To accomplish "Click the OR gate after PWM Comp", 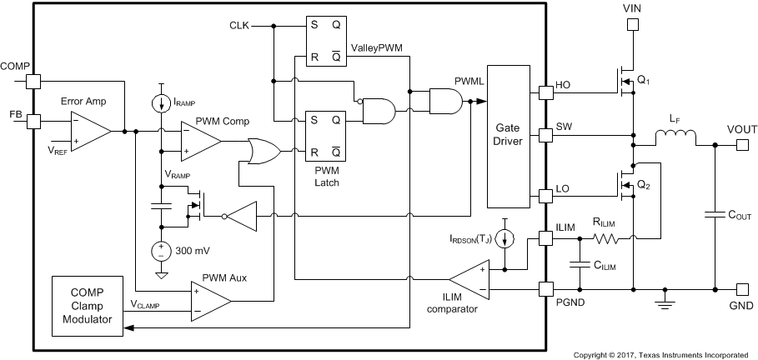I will [x=264, y=151].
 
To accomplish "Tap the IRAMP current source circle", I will [x=159, y=104].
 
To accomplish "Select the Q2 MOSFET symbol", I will [x=624, y=187].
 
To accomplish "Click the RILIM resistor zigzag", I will [x=606, y=238].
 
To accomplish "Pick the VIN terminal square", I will [x=632, y=25].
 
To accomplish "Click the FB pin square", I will [x=33, y=121].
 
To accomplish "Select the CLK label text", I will [x=239, y=26].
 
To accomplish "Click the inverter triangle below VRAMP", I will [x=241, y=217].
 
